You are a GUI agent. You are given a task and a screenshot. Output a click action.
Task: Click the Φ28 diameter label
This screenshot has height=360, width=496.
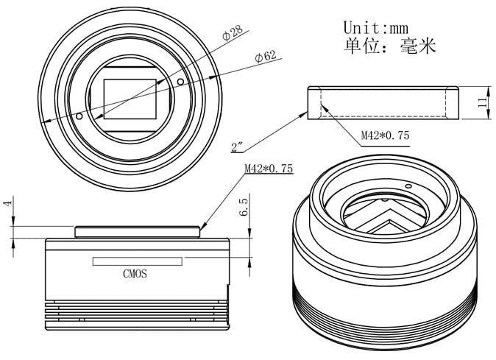pyautogui.click(x=233, y=33)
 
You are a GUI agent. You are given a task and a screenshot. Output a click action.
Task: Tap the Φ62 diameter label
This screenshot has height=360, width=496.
pyautogui.click(x=265, y=57)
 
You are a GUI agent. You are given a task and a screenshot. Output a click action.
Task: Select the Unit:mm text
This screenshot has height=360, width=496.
pyautogui.click(x=376, y=27)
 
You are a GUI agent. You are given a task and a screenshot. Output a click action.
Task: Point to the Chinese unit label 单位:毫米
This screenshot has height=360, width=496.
pyautogui.click(x=390, y=46)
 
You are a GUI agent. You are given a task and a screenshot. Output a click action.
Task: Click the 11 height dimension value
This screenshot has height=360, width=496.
pyautogui.click(x=483, y=102)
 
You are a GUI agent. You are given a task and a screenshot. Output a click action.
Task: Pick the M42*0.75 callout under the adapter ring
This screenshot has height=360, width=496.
pyautogui.click(x=386, y=135)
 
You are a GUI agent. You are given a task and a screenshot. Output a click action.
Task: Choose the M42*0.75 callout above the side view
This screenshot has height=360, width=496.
pyautogui.click(x=269, y=169)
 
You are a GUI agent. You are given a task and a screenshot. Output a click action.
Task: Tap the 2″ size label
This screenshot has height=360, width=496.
pyautogui.click(x=237, y=147)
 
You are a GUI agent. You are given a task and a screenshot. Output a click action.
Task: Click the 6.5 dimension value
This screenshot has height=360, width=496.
pyautogui.click(x=244, y=207)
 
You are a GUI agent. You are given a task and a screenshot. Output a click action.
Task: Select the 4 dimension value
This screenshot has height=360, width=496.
pyautogui.click(x=8, y=202)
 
